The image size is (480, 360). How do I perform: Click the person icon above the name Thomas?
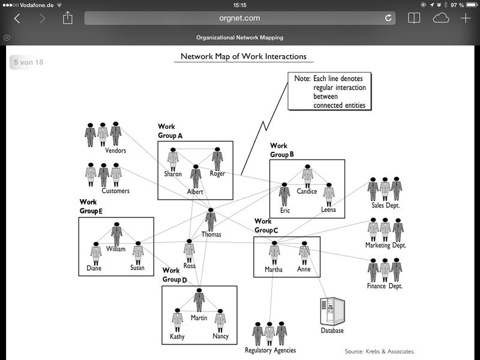pos(211,218)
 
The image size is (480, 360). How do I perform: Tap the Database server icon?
pos(333,311)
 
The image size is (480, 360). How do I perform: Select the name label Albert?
pos(195,192)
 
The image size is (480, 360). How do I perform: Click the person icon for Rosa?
pos(189,250)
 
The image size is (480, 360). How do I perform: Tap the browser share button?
pos(68,18)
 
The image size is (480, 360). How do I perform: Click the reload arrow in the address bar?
pos(388,18)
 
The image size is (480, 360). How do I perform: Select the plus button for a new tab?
pos(466,18)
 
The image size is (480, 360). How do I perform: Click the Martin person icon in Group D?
pos(199,301)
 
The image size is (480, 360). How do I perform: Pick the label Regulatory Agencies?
pos(270,350)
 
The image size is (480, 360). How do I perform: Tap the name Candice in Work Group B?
pos(307,191)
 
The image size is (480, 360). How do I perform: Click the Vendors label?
pos(115,151)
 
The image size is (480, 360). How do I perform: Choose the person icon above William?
pos(116,233)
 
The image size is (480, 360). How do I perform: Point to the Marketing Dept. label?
pos(386,245)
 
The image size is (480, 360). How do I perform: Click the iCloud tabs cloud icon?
pos(441,18)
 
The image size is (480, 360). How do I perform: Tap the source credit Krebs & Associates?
pos(380,351)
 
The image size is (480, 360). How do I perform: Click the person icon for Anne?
pos(304,252)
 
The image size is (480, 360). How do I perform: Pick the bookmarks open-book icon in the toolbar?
pos(414,18)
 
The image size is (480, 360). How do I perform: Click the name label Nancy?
pos(220,337)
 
